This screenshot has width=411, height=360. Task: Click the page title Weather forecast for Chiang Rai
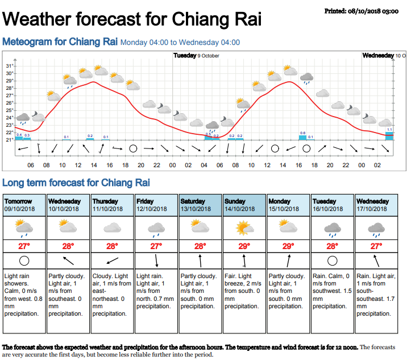pos(132,19)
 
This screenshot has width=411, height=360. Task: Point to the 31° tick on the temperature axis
pos(10,66)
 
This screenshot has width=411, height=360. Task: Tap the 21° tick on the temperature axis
pos(10,139)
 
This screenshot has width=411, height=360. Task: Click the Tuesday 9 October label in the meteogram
pos(196,56)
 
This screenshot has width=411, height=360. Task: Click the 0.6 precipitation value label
pos(302,133)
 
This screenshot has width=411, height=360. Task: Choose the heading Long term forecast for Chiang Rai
pos(76,183)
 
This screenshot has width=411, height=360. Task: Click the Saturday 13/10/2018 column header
pos(201,205)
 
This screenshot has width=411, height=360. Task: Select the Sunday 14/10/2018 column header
pos(244,205)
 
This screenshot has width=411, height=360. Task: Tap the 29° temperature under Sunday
pos(244,246)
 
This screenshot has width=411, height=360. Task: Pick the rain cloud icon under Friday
pos(156,229)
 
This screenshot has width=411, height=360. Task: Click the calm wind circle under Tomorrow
pos(24,261)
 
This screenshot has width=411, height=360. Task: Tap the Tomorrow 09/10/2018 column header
pos(24,205)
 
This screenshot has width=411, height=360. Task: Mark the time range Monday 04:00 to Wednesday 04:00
pos(180,42)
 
